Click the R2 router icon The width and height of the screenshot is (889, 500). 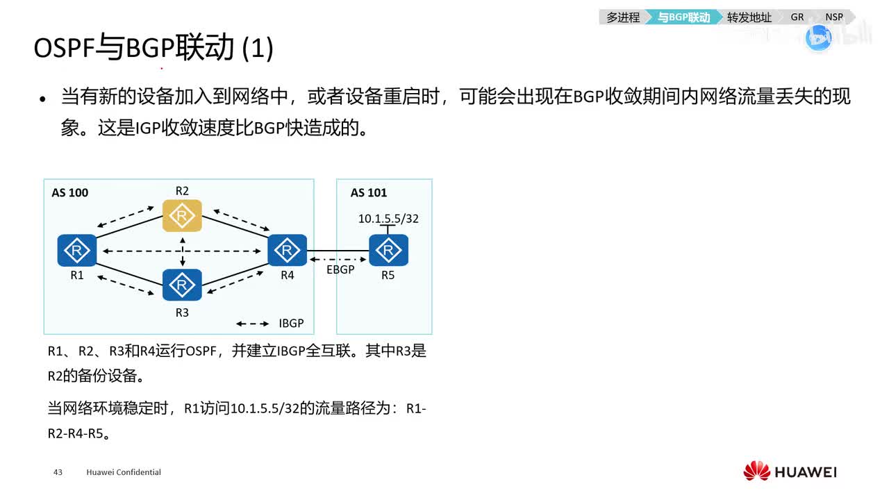coord(182,216)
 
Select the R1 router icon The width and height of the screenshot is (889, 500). coord(77,251)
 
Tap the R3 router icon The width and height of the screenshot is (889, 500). coord(182,285)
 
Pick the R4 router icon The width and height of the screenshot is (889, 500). coord(287,251)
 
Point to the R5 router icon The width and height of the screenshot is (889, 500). coord(388,251)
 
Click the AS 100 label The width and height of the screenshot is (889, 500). coord(70,193)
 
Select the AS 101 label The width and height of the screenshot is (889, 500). coord(369,193)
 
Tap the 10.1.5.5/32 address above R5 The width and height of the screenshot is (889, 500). coord(388,219)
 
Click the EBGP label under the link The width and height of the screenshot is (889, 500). coord(340,269)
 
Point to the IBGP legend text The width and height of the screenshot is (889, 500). coord(291,324)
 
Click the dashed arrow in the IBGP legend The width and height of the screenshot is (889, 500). coord(253,324)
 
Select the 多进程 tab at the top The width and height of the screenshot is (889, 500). coord(623,17)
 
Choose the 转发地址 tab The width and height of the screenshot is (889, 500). coord(749,17)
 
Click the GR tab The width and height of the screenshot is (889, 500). coord(797,17)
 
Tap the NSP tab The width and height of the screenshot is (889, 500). coord(834,17)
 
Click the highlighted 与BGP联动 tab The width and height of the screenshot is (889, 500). coord(684,17)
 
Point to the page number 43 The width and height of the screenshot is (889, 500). coord(58,472)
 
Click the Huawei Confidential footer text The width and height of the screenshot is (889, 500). coord(124,472)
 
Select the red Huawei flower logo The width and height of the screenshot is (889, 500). coord(756,472)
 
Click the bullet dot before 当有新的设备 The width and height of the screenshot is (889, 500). coord(43,99)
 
